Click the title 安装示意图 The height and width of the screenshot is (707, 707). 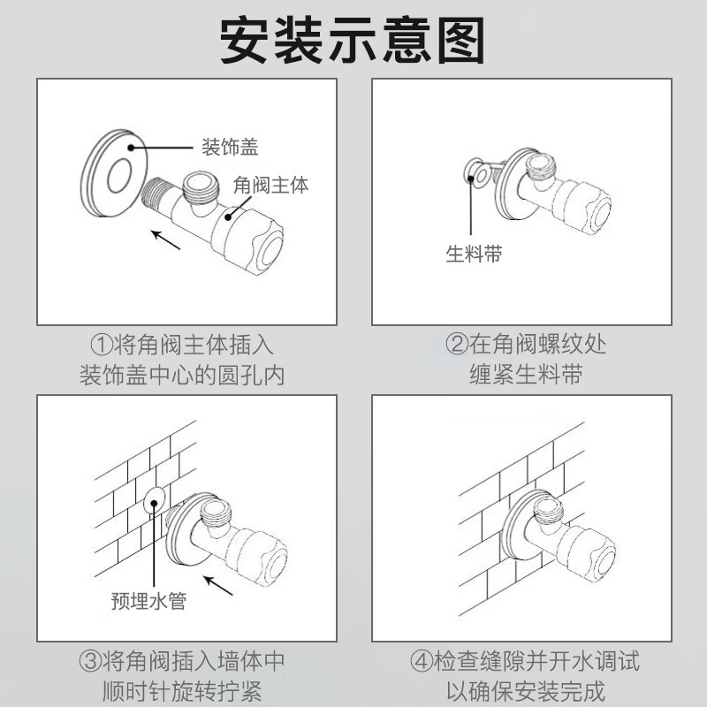point(352,41)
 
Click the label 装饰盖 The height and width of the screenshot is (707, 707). point(230,148)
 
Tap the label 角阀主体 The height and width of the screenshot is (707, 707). point(271,185)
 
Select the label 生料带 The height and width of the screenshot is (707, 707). point(474,254)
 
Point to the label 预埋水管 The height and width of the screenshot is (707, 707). point(148,601)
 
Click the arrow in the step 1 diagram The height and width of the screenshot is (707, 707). point(165,239)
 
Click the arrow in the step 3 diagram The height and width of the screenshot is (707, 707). point(217,585)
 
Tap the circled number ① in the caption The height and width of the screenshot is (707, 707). point(102,346)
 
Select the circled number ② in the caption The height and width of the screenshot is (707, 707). point(457,345)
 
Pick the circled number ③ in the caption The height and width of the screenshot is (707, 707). point(90,661)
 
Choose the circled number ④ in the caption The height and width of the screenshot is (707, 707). point(422,661)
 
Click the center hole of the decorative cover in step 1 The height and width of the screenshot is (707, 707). point(119,175)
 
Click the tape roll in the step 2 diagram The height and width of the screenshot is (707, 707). point(477,173)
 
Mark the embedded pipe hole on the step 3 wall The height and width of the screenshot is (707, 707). point(154,501)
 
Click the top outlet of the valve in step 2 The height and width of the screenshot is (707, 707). point(542,165)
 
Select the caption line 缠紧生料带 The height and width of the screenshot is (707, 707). point(526,375)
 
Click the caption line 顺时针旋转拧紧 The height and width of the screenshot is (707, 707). point(182,691)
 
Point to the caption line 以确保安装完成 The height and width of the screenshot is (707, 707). point(526,691)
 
